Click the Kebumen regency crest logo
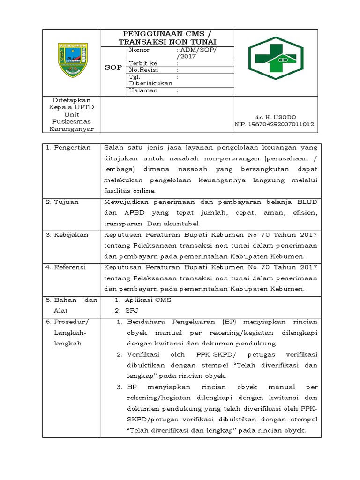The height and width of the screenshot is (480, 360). click(72, 60)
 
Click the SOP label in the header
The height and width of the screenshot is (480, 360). click(113, 67)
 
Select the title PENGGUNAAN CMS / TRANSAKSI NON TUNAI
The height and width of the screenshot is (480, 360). click(167, 38)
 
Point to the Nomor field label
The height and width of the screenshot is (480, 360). click(139, 50)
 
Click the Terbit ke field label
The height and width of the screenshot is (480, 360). click(143, 63)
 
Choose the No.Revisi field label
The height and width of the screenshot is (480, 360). click(144, 69)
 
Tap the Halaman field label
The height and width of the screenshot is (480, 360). click(143, 90)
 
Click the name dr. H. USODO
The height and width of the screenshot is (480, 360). click(276, 117)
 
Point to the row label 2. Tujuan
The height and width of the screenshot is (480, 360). click(62, 202)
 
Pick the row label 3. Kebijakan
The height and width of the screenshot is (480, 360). click(67, 235)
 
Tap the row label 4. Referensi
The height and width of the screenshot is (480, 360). click(66, 267)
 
